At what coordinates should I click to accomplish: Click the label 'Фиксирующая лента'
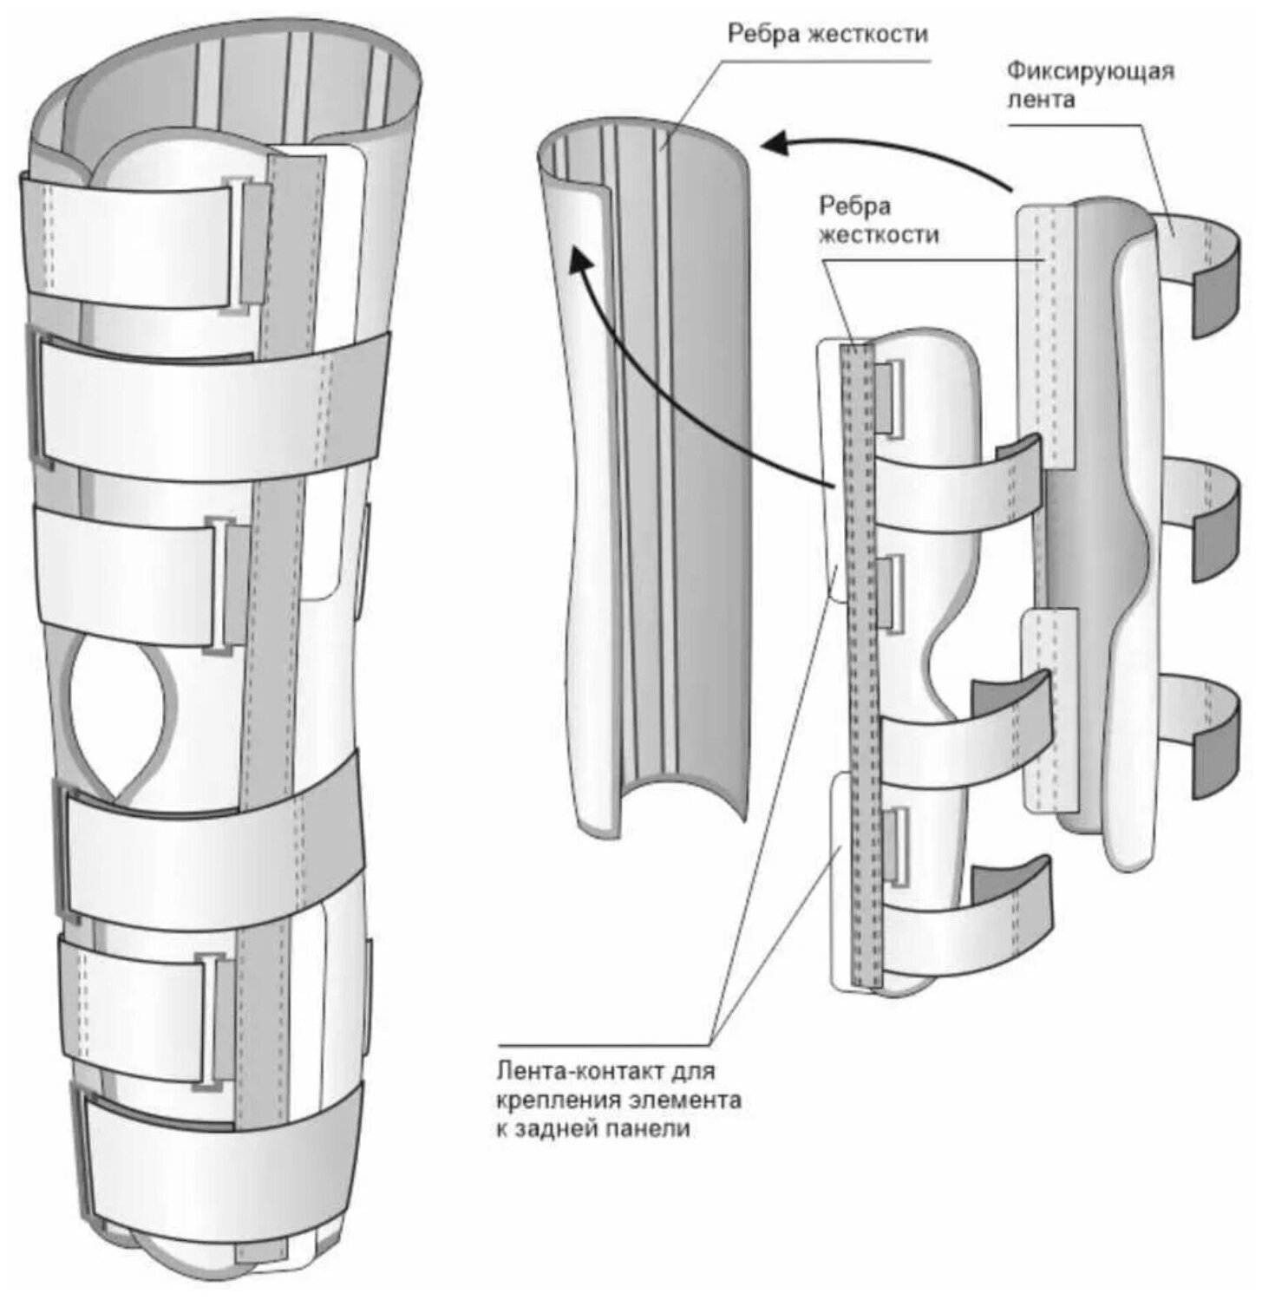point(1090,84)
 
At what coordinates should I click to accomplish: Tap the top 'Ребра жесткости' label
point(827,35)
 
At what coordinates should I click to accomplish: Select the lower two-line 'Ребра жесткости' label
point(879,220)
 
